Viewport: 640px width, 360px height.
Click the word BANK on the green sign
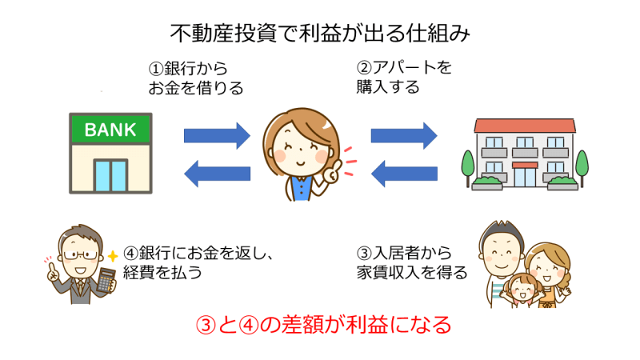[x=110, y=130]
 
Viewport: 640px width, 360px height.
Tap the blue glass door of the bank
[x=110, y=175]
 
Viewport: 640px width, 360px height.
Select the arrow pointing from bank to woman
[x=217, y=135]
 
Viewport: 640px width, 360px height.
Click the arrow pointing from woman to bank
[x=217, y=174]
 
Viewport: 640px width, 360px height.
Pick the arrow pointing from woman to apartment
[x=404, y=135]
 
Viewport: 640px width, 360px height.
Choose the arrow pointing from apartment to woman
[x=404, y=174]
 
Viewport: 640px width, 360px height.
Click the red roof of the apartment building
[x=525, y=126]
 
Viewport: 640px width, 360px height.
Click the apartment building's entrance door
[x=525, y=177]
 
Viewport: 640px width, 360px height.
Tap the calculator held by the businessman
[x=106, y=280]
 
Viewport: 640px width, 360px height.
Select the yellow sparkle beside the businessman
[x=112, y=256]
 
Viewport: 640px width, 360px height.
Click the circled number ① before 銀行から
[x=155, y=69]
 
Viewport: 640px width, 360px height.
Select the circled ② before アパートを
[x=364, y=68]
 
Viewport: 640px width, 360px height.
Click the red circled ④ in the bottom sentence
[x=248, y=326]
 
